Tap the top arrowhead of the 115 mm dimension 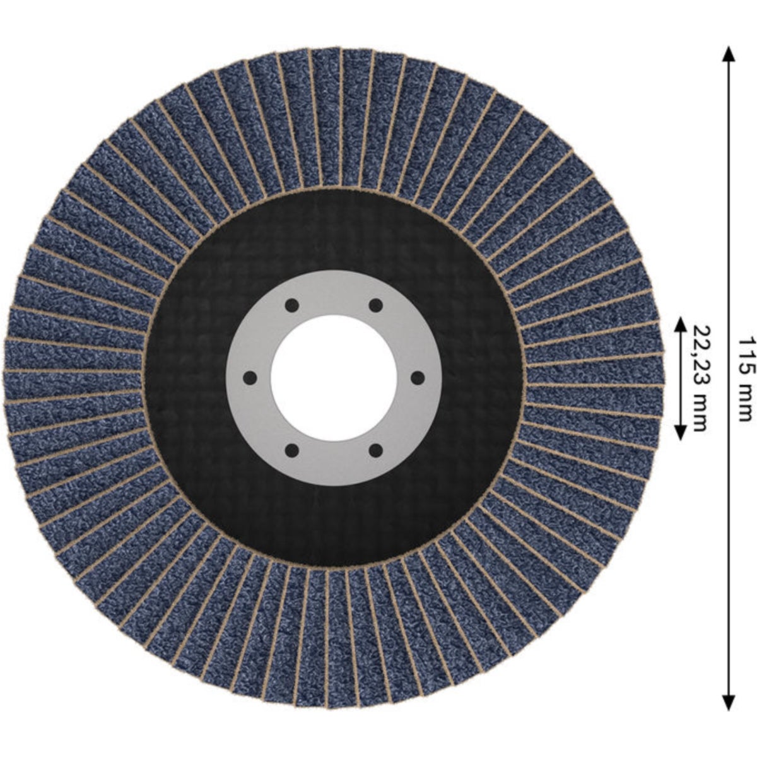(x=729, y=54)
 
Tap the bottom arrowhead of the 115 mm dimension (x=729, y=702)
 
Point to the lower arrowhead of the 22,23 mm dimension (x=681, y=431)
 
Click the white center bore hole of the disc (x=334, y=378)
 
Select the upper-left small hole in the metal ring (x=291, y=305)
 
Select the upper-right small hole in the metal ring (x=375, y=305)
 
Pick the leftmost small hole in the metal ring (x=250, y=378)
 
